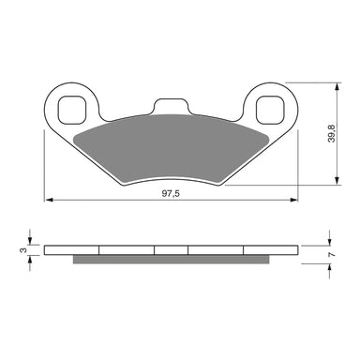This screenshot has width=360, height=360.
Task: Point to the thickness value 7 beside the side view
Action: point(348,253)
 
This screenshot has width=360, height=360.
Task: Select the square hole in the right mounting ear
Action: point(272,109)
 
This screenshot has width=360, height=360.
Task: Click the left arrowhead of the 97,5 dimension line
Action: point(49,200)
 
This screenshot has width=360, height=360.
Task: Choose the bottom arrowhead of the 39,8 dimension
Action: point(335,182)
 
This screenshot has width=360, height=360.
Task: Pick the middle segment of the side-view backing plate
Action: point(172,249)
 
